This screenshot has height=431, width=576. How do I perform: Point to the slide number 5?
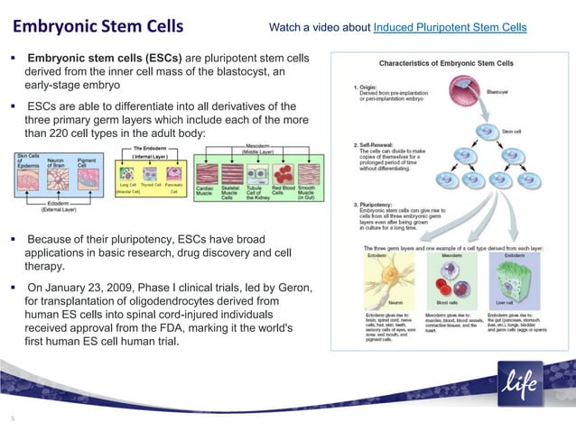point(13,417)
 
